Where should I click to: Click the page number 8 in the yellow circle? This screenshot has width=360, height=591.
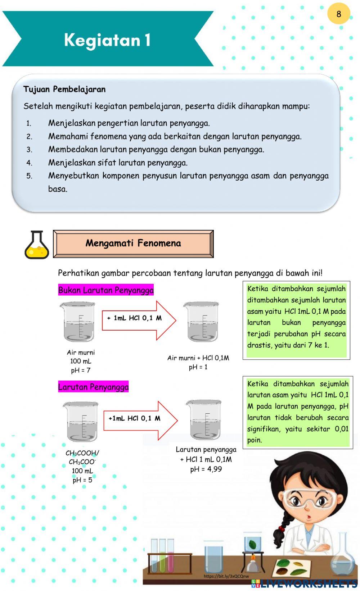[x=338, y=14]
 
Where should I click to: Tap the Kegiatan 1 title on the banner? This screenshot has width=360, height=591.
[x=107, y=40]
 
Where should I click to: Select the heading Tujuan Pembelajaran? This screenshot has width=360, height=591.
[x=64, y=89]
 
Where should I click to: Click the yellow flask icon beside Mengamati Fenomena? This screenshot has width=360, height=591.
[x=36, y=245]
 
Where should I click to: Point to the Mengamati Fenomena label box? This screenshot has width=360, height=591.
[x=133, y=244]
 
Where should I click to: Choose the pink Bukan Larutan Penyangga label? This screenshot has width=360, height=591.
[x=106, y=290]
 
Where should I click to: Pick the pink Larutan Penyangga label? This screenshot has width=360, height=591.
[x=93, y=387]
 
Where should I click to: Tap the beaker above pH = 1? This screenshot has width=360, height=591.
[x=202, y=322]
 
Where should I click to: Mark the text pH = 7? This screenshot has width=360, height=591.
[x=81, y=370]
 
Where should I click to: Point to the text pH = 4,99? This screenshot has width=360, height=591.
[x=206, y=469]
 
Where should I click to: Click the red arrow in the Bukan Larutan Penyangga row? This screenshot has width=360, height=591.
[x=139, y=320]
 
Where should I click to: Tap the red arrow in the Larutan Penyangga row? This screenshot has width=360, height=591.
[x=140, y=420]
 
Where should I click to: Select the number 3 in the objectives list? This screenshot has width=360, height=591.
[x=29, y=150]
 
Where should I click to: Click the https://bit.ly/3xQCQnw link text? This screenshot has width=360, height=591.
[x=226, y=576]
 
